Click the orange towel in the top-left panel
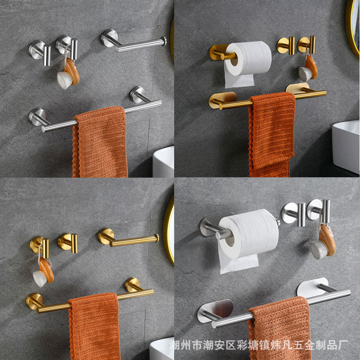(x=100, y=142)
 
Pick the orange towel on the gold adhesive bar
(x=271, y=134)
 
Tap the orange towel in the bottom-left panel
(x=94, y=326)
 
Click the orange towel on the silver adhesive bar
(x=279, y=328)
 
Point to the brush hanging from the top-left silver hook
(x=68, y=73)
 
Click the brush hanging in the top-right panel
(x=308, y=68)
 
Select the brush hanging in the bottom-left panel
(x=43, y=272)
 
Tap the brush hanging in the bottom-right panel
(x=323, y=242)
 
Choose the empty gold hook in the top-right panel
(x=286, y=45)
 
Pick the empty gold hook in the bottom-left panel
(x=68, y=243)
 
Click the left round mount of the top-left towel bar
(x=37, y=117)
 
